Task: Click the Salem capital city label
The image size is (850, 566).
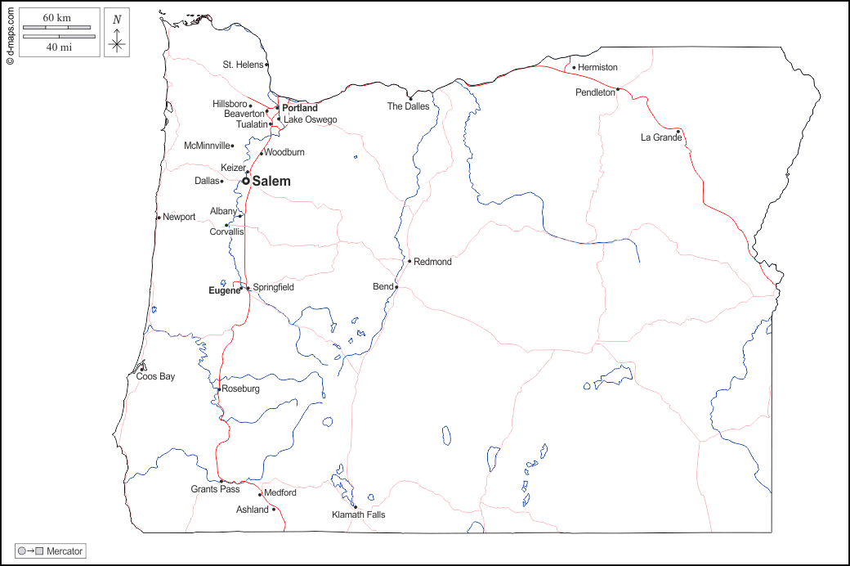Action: click(271, 182)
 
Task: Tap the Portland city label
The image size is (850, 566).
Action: click(300, 108)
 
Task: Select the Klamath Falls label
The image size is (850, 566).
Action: click(358, 514)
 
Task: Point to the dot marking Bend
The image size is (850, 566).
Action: click(396, 287)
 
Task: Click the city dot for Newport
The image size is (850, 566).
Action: click(159, 218)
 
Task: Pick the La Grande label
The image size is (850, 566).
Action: click(660, 137)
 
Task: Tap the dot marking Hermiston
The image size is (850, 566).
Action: click(574, 67)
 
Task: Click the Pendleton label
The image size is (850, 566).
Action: click(595, 92)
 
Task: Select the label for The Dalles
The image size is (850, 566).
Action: click(408, 106)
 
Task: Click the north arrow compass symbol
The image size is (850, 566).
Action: click(118, 33)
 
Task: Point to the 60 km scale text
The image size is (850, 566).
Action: click(57, 17)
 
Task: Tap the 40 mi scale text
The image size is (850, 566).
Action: click(58, 47)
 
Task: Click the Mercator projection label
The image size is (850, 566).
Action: click(65, 551)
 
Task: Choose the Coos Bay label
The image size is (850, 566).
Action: click(155, 376)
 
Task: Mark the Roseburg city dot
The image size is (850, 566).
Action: click(219, 389)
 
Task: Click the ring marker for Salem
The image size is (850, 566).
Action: click(246, 181)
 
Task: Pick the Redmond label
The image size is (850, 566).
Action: click(432, 262)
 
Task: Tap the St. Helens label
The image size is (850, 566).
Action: click(243, 65)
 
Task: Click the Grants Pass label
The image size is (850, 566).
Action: click(215, 489)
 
